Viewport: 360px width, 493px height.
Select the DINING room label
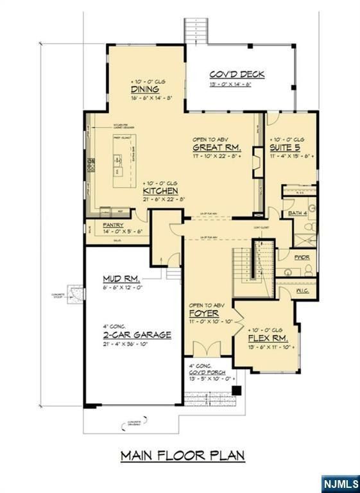[146, 89]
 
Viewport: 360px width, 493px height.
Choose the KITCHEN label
[160, 191]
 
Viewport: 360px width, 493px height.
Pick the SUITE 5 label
[286, 147]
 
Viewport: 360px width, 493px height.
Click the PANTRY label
[114, 225]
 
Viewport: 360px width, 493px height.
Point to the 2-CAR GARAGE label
[137, 334]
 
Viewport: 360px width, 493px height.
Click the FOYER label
[201, 313]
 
